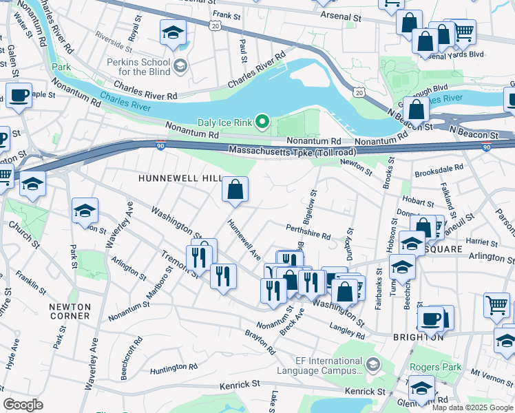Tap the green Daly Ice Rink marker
click(x=262, y=123)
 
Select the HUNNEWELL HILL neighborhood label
click(x=178, y=178)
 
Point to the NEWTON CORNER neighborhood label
click(x=70, y=311)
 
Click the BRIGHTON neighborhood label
click(x=418, y=337)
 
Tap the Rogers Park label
click(x=435, y=368)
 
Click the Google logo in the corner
click(x=23, y=405)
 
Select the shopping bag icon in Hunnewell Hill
click(x=235, y=189)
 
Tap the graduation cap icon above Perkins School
click(x=174, y=32)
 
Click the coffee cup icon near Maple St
click(x=19, y=96)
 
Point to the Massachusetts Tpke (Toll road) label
click(x=284, y=150)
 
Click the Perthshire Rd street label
click(x=308, y=231)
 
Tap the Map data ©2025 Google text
click(x=472, y=407)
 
